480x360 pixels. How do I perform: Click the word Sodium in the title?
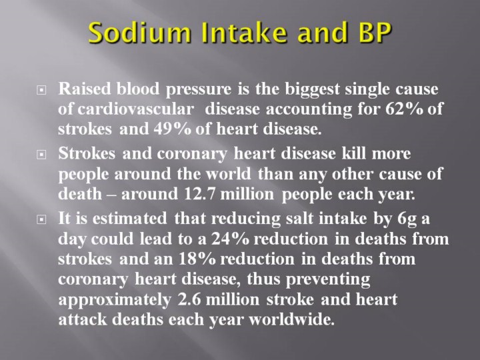pyautogui.click(x=139, y=32)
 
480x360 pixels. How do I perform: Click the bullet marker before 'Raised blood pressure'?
pyautogui.click(x=41, y=90)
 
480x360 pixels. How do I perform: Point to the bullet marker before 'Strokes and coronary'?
pyautogui.click(x=41, y=154)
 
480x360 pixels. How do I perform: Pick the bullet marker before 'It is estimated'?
pyautogui.click(x=41, y=219)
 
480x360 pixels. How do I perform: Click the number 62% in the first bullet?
pyautogui.click(x=404, y=109)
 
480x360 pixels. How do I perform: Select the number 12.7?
pyautogui.click(x=199, y=194)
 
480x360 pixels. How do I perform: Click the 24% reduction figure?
pyautogui.click(x=230, y=239)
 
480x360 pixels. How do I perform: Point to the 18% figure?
pyautogui.click(x=197, y=259)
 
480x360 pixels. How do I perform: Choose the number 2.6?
pyautogui.click(x=189, y=299)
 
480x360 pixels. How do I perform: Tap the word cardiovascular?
pyautogui.click(x=135, y=109)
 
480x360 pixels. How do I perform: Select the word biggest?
pyautogui.click(x=312, y=89)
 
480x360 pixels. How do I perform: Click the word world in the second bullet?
pyautogui.click(x=228, y=173)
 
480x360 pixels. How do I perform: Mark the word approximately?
pyautogui.click(x=115, y=300)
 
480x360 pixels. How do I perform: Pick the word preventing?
pyautogui.click(x=328, y=280)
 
